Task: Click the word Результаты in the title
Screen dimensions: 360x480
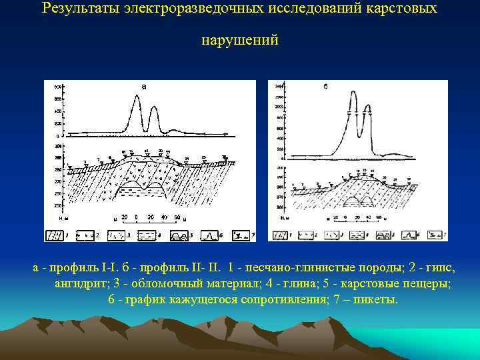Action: point(79,9)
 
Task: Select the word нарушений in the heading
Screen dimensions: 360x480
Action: point(240,41)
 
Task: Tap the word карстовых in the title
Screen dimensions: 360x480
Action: point(405,9)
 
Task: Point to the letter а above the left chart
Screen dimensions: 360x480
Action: point(144,85)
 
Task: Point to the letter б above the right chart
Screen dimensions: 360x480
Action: point(325,87)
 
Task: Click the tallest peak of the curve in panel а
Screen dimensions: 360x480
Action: point(137,96)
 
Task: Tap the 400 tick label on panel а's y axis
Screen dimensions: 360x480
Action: point(58,111)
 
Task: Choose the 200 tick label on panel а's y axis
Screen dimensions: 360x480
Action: point(58,123)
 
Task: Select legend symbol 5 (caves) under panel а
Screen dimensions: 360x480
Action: point(179,235)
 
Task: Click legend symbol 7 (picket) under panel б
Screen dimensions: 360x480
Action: point(435,235)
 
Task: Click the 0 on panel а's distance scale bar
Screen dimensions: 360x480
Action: point(136,217)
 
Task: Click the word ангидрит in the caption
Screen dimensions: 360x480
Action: point(80,283)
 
